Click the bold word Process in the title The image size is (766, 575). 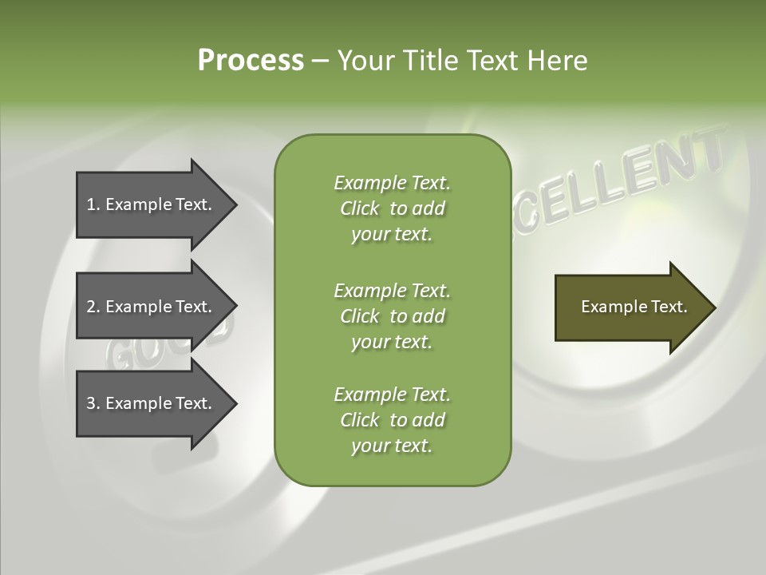251,61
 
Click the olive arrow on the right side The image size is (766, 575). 630,307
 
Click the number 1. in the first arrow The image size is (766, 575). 93,204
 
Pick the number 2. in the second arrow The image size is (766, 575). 93,307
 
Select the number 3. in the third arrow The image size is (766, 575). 93,403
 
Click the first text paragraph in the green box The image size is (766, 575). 392,208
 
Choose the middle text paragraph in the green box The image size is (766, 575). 392,315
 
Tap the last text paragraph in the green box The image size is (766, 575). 392,420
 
